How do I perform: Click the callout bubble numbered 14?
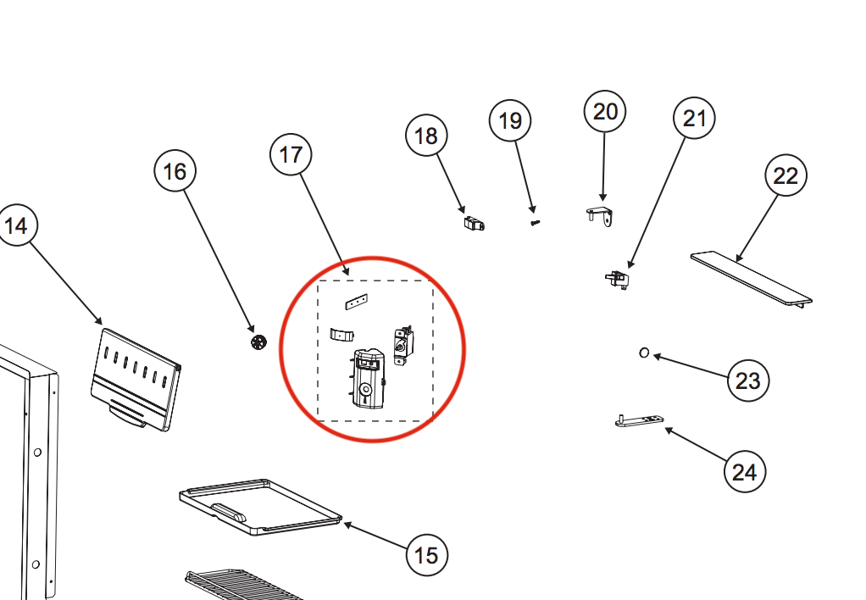point(16,225)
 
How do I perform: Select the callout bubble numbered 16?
point(175,172)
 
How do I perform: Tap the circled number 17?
point(291,155)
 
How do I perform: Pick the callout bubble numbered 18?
point(426,136)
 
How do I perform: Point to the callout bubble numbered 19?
point(510,121)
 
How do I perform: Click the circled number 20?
point(605,111)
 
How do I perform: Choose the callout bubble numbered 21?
point(694,119)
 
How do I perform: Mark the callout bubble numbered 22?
point(786,176)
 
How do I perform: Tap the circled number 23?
point(747,381)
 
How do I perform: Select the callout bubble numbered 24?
point(744,471)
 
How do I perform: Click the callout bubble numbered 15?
point(426,555)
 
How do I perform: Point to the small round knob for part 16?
point(258,342)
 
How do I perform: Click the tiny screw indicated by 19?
point(535,222)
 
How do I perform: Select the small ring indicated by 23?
point(644,353)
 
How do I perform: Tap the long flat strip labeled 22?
point(751,277)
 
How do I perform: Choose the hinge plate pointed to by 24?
point(639,421)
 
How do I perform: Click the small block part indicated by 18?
point(475,224)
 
